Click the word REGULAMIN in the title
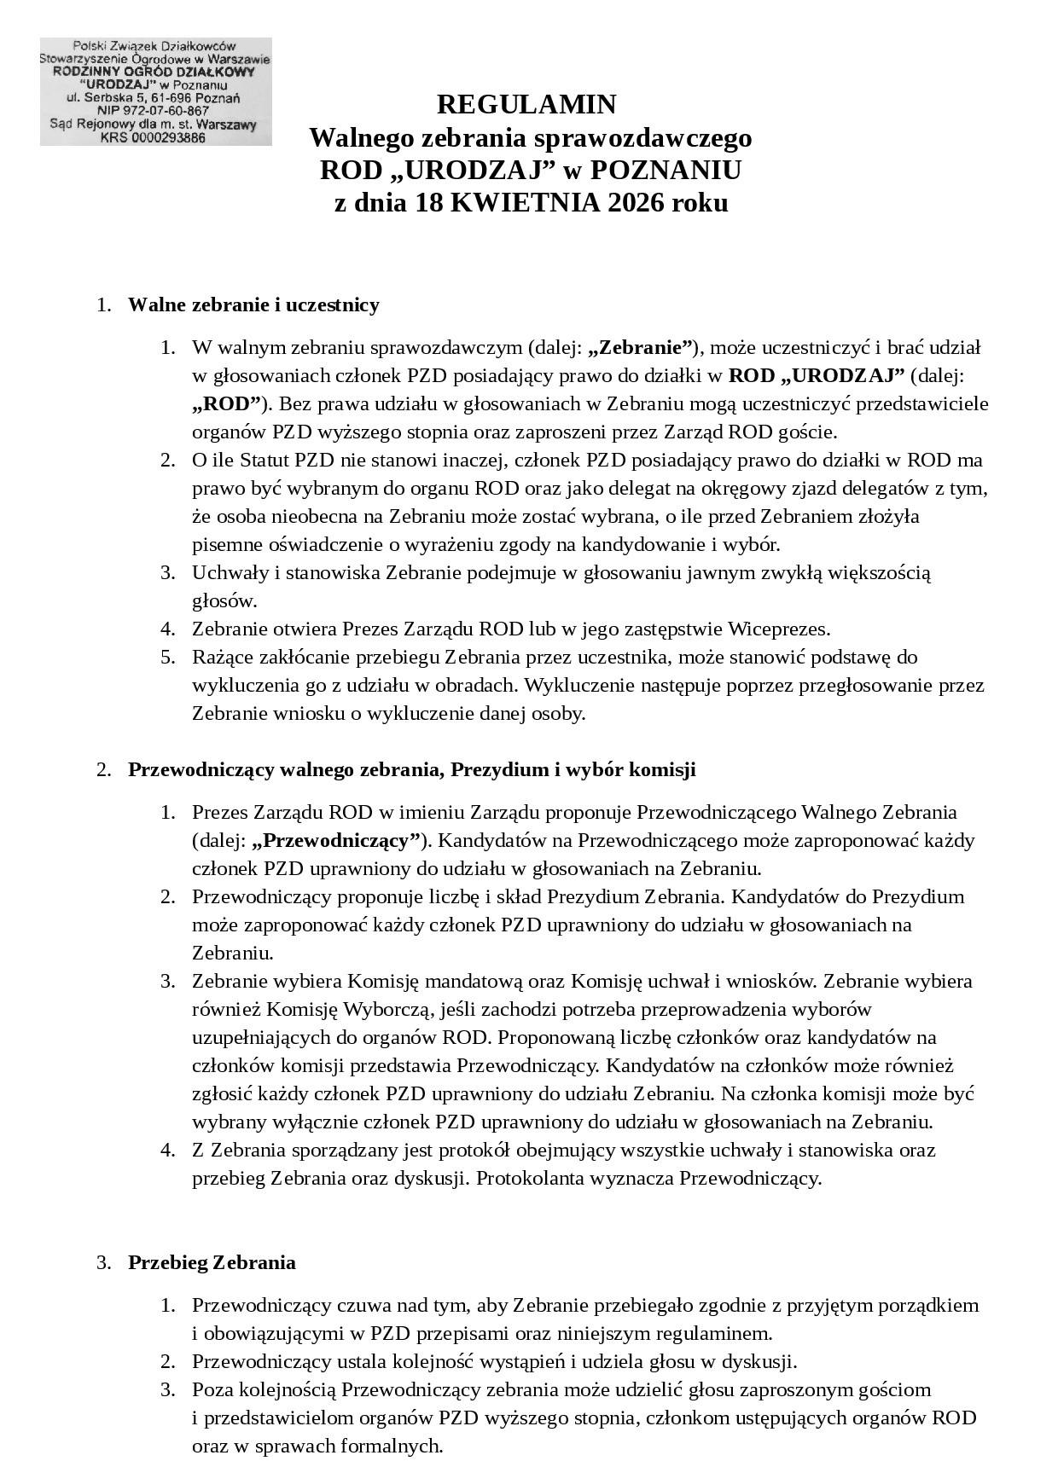[526, 105]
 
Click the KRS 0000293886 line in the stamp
[153, 137]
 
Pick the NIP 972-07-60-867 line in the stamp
[154, 111]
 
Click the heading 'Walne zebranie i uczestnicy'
[253, 305]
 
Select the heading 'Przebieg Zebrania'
[212, 1262]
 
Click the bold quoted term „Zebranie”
[640, 348]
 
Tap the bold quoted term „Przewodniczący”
[337, 840]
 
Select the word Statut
[264, 461]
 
